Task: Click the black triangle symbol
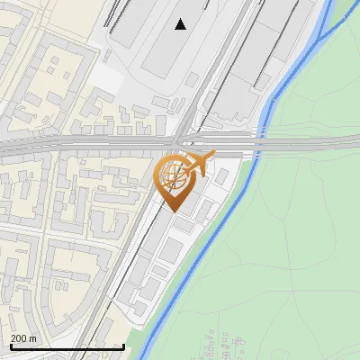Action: click(181, 24)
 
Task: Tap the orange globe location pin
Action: click(175, 180)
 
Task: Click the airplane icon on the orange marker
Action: click(199, 164)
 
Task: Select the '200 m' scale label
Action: click(24, 338)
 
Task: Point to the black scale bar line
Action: click(67, 346)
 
